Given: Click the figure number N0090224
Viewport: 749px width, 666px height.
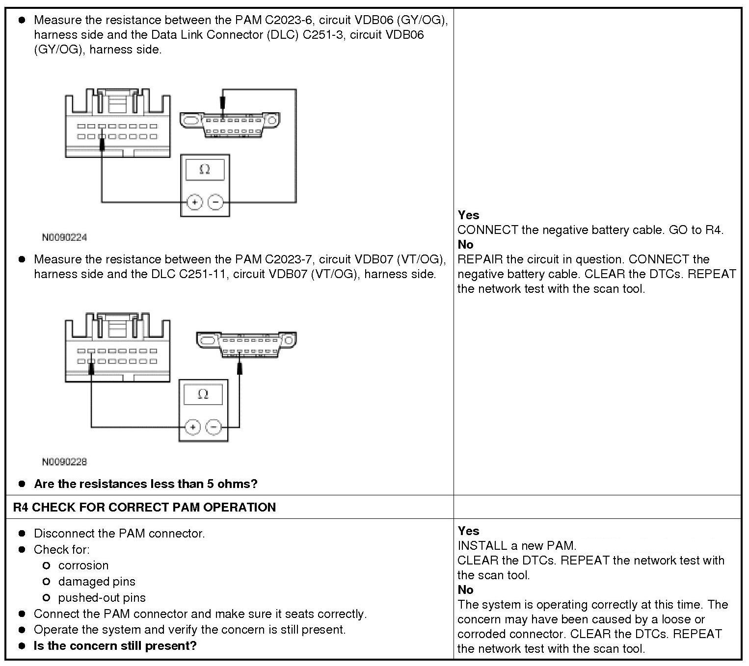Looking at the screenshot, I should [64, 237].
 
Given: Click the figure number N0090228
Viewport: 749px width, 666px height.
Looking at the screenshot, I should [64, 461].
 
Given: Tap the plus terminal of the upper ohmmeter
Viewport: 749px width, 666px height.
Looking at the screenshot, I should [195, 202].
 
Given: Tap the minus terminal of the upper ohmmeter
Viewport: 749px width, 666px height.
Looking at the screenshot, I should [215, 202].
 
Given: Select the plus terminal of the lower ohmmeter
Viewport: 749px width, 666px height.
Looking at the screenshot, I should [193, 427].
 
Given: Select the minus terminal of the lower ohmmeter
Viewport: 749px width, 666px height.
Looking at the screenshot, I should [214, 427].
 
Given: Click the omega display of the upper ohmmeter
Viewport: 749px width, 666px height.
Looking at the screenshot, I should [205, 170].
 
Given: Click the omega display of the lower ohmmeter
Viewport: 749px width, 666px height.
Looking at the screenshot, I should [203, 394].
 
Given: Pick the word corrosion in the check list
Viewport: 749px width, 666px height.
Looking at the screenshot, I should [83, 565].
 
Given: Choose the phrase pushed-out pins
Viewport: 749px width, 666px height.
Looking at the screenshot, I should [102, 597].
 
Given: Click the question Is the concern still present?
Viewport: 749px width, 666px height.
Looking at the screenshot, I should [115, 645].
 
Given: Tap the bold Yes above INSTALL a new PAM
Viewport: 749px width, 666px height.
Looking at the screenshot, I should [468, 531].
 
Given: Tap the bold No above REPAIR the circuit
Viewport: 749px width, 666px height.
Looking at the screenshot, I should [465, 244].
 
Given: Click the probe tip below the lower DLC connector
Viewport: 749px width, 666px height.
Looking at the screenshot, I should [240, 367].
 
